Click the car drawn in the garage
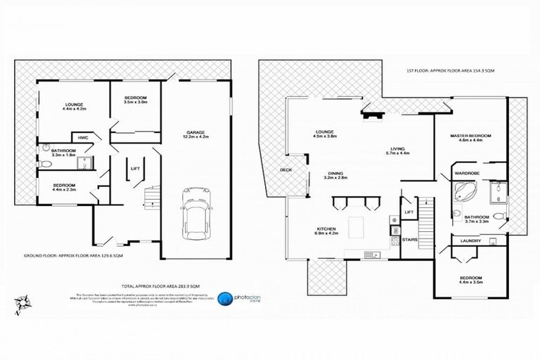193,211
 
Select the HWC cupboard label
82,137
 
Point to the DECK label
285,170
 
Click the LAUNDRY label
471,241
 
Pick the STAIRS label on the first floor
409,240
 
